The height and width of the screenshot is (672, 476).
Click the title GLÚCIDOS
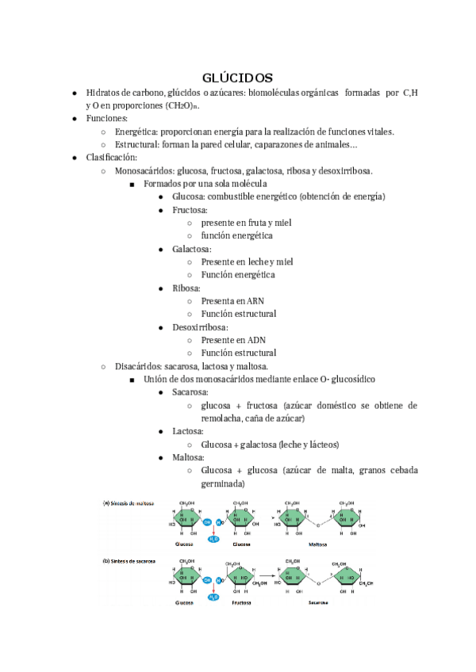coord(238,78)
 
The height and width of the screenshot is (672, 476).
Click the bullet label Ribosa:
coord(186,288)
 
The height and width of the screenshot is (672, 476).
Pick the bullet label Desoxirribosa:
coord(200,326)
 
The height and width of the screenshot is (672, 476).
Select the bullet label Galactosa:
coord(192,249)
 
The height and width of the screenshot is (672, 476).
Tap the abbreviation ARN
coord(255,301)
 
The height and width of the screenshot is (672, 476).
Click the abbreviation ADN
coord(255,340)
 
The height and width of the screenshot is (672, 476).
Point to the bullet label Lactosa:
coord(190,431)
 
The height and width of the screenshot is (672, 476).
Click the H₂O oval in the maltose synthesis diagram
coord(213,540)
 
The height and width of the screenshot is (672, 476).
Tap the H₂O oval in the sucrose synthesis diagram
coord(213,597)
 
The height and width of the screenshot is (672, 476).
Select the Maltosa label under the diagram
coord(319,545)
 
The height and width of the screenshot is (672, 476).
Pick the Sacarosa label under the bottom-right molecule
coord(319,602)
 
